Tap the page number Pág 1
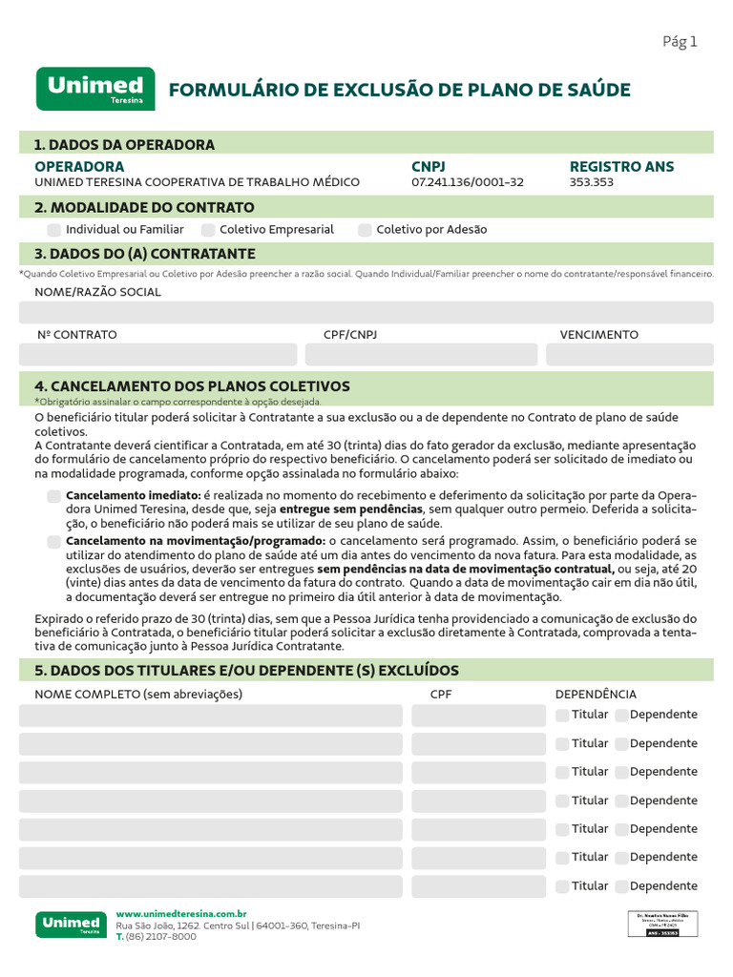680,41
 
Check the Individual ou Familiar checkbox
54,230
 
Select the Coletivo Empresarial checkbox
208,230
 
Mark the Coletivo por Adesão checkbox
365,230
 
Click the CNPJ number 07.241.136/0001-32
467,182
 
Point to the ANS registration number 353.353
591,182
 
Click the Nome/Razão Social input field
366,313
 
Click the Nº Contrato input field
157,355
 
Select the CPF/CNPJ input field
421,355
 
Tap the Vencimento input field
629,355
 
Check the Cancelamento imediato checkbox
54,496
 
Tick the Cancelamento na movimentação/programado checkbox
54,542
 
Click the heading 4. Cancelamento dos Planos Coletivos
192,386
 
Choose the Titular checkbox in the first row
562,715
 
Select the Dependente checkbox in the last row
621,886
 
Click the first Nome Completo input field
211,716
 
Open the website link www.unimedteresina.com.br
181,914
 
